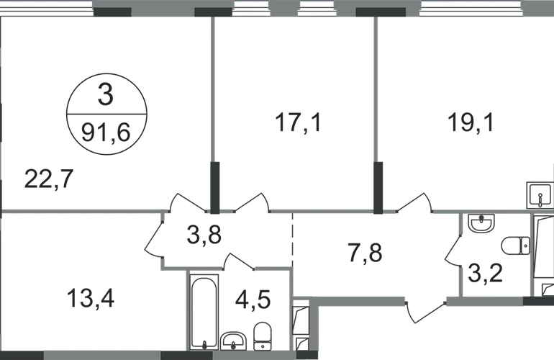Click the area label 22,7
[49, 179]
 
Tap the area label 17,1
[298, 122]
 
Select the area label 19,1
[471, 122]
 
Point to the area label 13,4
[91, 298]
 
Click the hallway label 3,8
[204, 235]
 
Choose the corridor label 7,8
[365, 253]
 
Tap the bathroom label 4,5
[253, 300]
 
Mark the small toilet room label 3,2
[485, 273]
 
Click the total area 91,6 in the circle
[106, 132]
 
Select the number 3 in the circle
[106, 95]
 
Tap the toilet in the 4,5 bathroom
[262, 336]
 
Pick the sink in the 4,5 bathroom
[234, 341]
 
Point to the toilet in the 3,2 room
[515, 245]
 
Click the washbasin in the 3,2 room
[481, 222]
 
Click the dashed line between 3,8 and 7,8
[293, 240]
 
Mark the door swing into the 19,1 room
[414, 202]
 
